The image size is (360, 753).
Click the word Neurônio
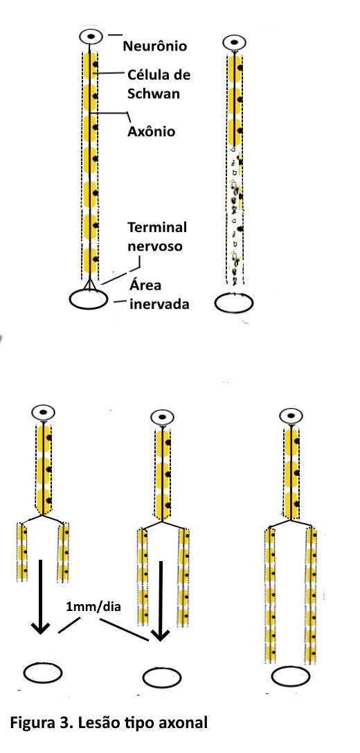pos(155,46)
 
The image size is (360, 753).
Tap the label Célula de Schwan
pos(159,84)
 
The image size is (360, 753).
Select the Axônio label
pos(151,131)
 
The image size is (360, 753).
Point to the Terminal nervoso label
pos(157,236)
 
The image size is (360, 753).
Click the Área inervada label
pos(159,294)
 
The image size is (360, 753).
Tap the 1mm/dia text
pos(93,606)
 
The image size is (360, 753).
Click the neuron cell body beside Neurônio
pos(91,37)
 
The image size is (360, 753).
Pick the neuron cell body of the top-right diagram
pos(234,42)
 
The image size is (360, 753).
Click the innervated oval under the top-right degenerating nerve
pos(234,303)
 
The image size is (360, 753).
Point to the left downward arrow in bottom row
pos(41,596)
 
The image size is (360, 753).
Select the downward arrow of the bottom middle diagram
pos(161,601)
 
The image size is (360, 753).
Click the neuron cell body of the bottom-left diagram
pos(43,412)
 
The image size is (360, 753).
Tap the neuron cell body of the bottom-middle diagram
pos(163,417)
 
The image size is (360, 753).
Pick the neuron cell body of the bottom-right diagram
pos(291,415)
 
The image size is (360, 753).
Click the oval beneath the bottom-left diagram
pos(43,673)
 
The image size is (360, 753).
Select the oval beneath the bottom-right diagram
pos(290,677)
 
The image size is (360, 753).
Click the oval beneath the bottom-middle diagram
pos(162,677)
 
